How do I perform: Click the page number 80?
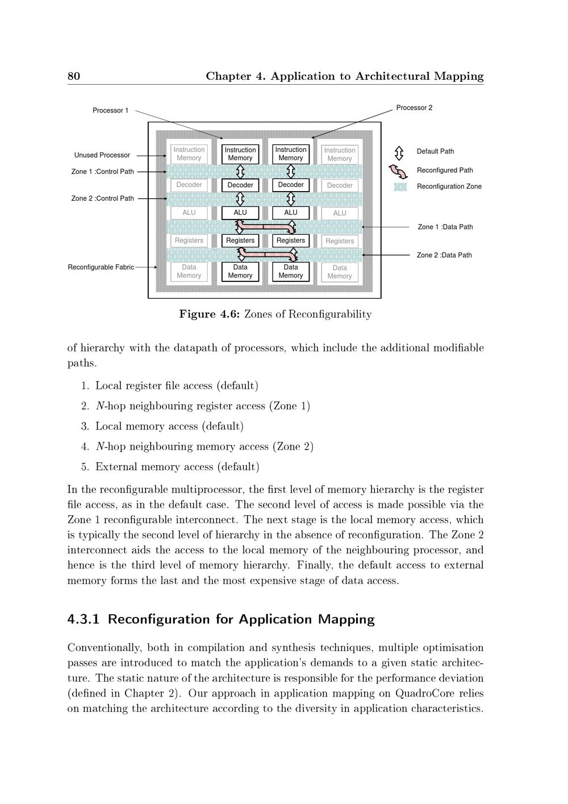(x=74, y=76)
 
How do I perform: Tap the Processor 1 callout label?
(x=111, y=110)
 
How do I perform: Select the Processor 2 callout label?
(x=414, y=107)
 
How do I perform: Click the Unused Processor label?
(x=102, y=155)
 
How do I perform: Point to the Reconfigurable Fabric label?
(x=101, y=267)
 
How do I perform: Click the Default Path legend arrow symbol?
(x=399, y=152)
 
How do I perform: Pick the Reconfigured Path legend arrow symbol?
(x=399, y=171)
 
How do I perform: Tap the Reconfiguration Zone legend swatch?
(x=400, y=187)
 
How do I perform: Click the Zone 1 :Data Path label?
(x=445, y=227)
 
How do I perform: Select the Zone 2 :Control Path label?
(x=103, y=198)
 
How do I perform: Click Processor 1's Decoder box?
(x=240, y=185)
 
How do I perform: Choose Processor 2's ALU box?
(x=291, y=213)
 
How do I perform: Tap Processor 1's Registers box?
(x=240, y=241)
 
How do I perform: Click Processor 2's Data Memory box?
(x=291, y=271)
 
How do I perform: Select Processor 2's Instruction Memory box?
(x=291, y=154)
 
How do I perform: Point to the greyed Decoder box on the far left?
(x=189, y=185)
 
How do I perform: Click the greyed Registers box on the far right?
(x=340, y=241)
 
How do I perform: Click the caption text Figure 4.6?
(x=210, y=314)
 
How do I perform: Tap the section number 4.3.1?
(x=83, y=619)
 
